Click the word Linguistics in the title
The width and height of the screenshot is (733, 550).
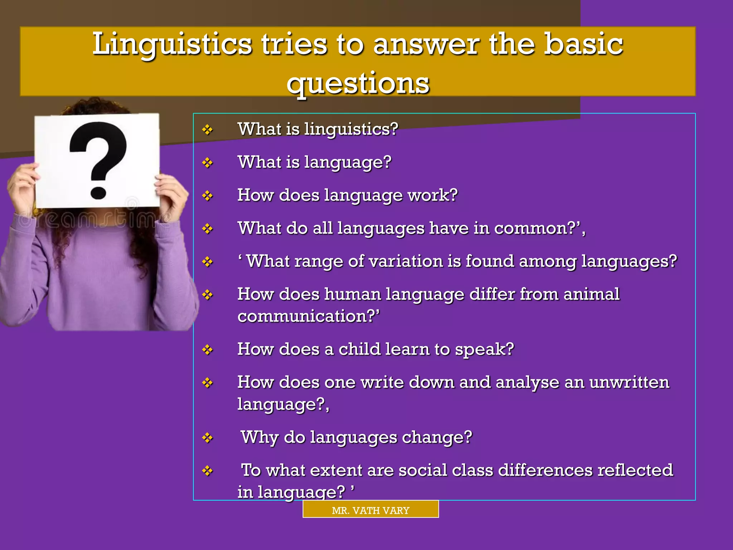[x=172, y=45]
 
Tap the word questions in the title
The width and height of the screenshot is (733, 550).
[x=358, y=83]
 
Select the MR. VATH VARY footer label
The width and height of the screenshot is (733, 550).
[x=370, y=510]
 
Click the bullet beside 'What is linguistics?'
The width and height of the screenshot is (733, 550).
[x=207, y=129]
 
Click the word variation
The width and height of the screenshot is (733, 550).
[x=406, y=261]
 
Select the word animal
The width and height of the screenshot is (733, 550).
[x=591, y=294]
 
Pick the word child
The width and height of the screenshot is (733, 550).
[x=359, y=349]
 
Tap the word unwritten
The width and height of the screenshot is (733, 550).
[x=629, y=382]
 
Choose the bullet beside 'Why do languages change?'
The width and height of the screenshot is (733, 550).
[x=207, y=438]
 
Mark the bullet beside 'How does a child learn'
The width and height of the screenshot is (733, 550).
[x=207, y=349]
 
